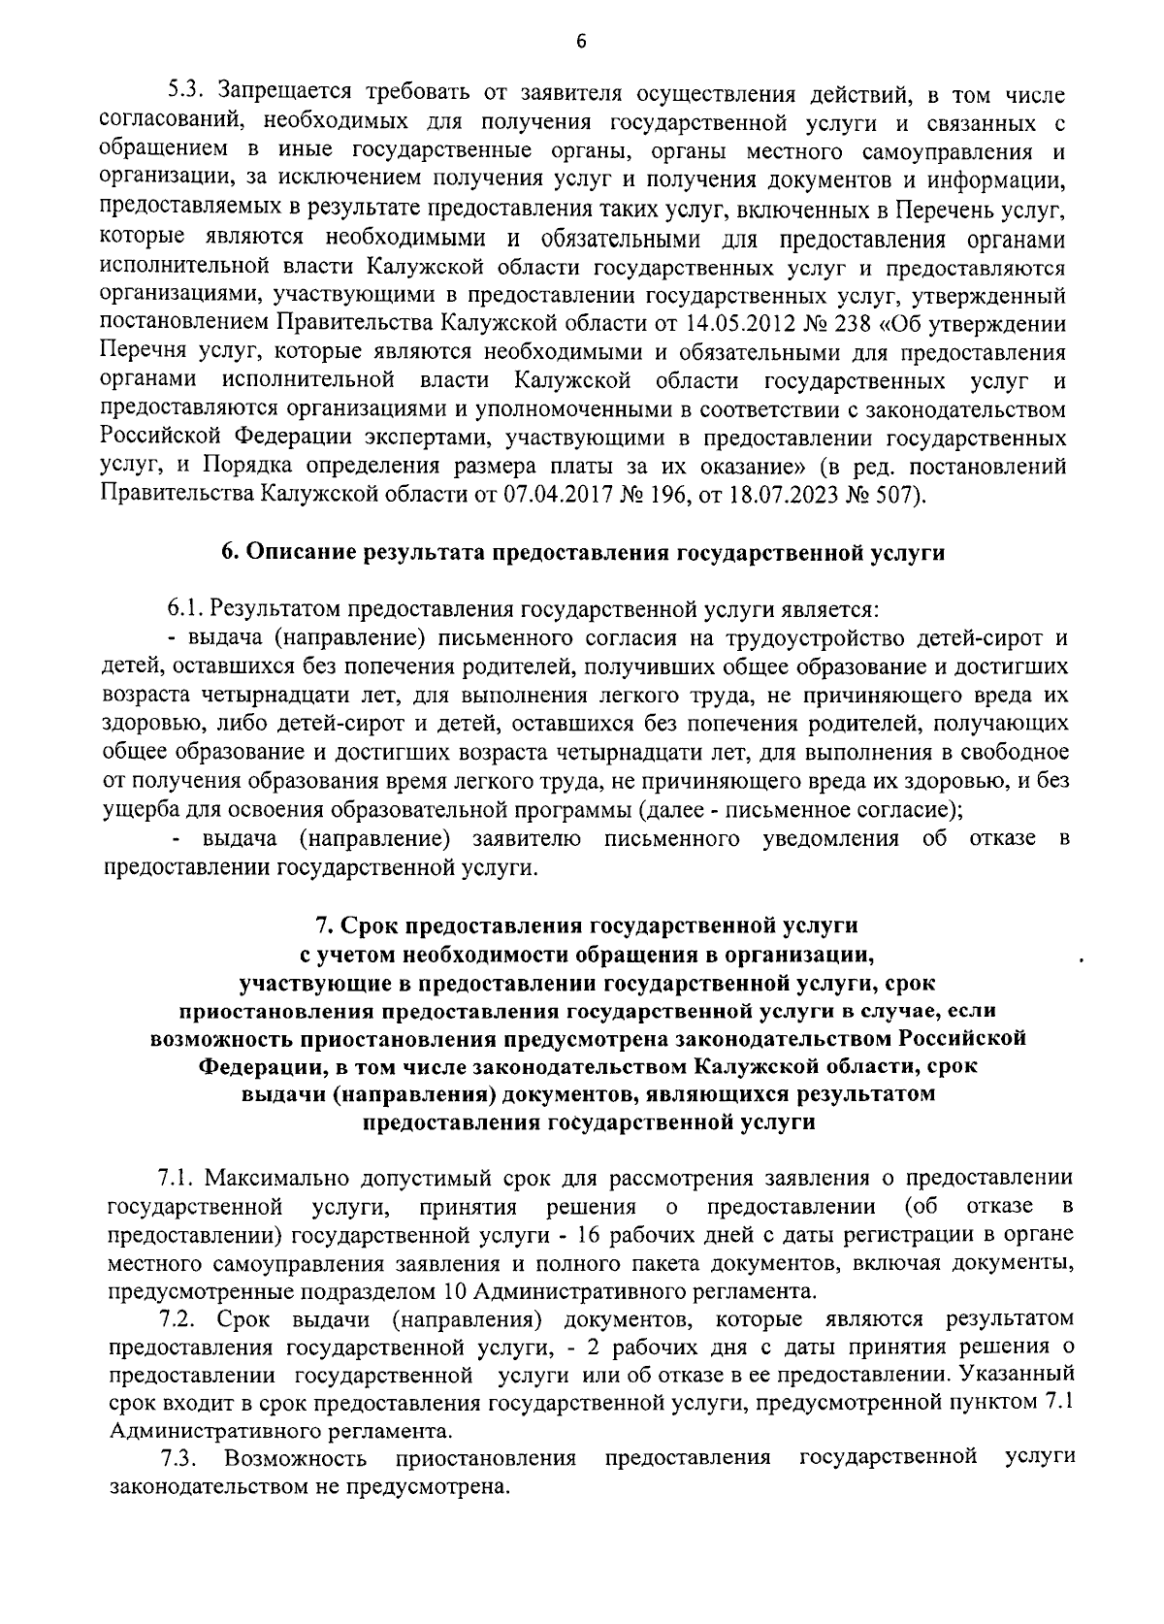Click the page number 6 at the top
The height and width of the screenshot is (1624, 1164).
point(581,40)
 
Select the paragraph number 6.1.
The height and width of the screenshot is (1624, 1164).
point(182,609)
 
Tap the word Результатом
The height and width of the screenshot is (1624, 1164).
point(269,609)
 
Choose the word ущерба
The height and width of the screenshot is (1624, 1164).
point(139,810)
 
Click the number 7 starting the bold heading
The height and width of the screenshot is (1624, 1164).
point(325,924)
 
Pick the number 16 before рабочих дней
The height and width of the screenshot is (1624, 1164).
point(590,1235)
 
